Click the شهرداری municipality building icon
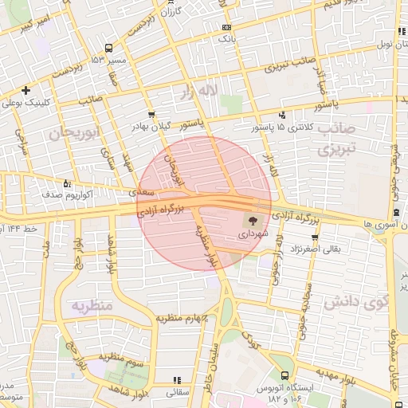point(253,221)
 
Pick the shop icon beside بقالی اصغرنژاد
point(316,237)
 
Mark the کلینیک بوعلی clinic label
point(49,104)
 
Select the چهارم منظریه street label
point(182,319)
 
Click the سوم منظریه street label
point(122,358)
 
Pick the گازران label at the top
point(171,13)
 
